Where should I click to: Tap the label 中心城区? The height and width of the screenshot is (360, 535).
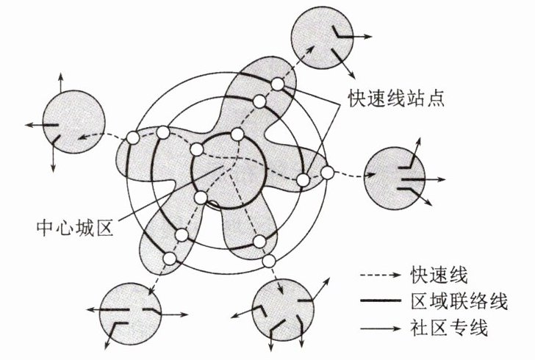coord(71,228)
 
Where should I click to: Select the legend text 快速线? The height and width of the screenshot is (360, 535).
coord(433,275)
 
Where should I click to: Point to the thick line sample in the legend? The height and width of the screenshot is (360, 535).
coord(381,301)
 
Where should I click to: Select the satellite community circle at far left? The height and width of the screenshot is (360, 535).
coord(72,124)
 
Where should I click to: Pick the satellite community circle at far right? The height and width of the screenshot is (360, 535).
coord(394,177)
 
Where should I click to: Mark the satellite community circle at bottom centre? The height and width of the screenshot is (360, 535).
coord(282,308)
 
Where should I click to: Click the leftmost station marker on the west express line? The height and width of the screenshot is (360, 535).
coord(133,138)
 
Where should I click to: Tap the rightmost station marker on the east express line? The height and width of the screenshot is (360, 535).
coord(328,173)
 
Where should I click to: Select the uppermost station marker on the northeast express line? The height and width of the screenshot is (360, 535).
coord(277,84)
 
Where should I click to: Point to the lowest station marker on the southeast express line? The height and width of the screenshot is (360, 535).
coord(269,261)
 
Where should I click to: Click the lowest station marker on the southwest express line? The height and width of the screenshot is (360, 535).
coord(170,259)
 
